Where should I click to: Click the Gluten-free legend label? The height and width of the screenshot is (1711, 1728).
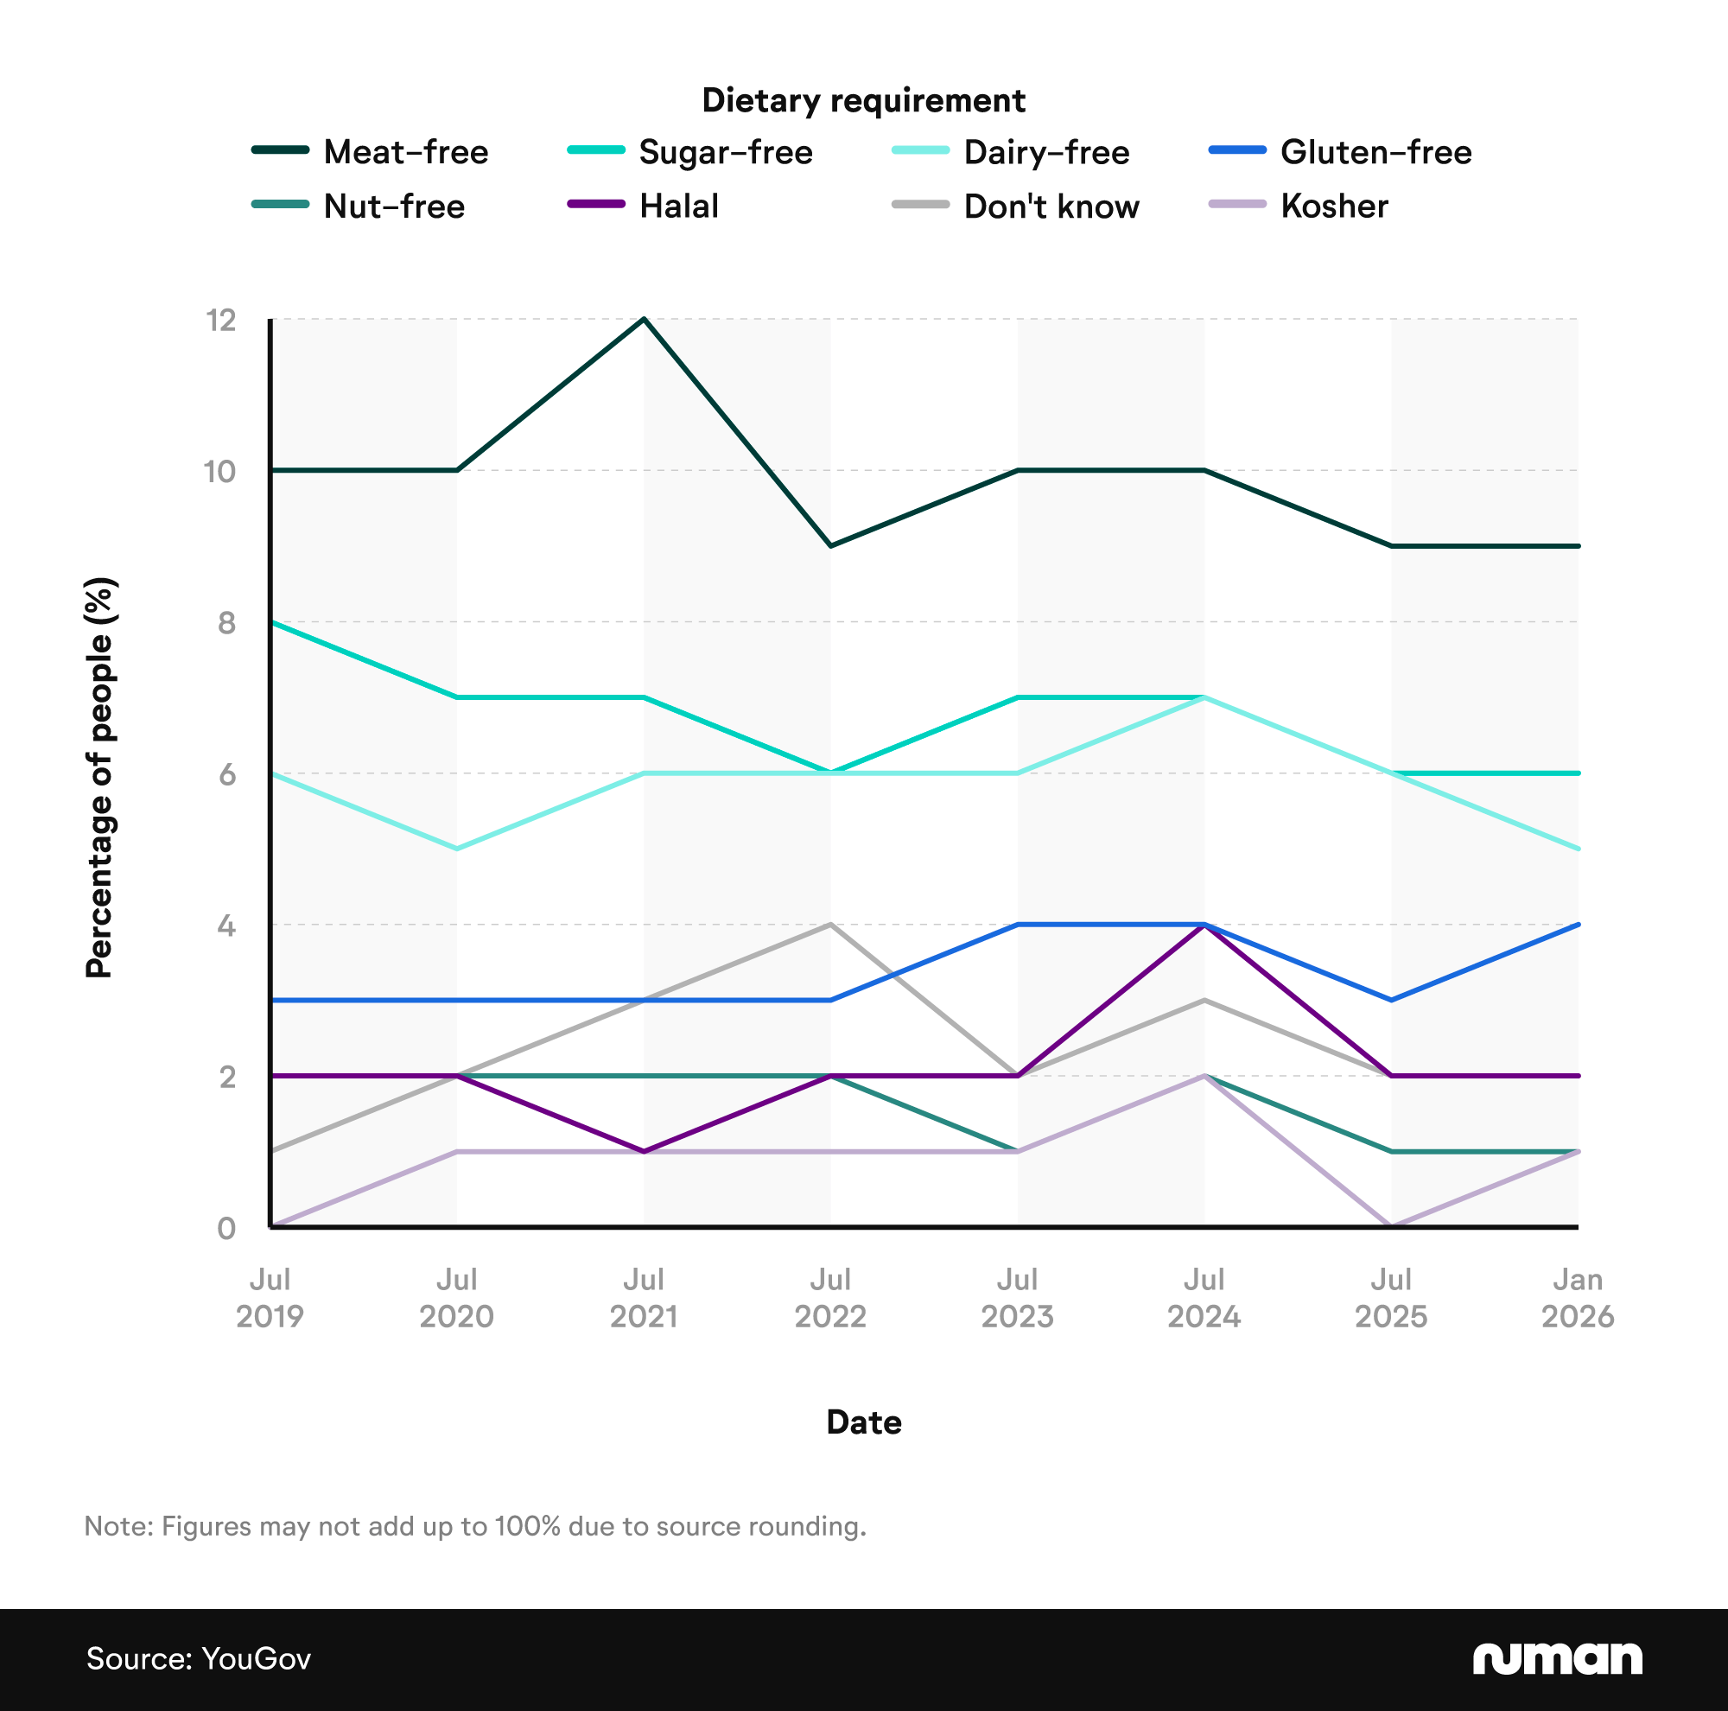tap(1375, 152)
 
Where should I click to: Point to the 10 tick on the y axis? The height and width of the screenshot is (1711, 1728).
tap(221, 471)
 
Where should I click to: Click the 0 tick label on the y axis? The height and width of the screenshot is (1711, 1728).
tap(226, 1228)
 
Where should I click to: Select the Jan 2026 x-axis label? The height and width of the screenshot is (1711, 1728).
tap(1577, 1298)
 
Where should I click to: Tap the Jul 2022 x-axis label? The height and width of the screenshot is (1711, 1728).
tap(830, 1298)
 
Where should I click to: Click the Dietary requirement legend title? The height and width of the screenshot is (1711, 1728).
tap(863, 100)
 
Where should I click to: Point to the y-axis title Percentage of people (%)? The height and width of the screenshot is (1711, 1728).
tap(99, 777)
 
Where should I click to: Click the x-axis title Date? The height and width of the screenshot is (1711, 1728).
tap(863, 1422)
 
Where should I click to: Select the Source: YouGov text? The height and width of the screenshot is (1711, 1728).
tap(199, 1659)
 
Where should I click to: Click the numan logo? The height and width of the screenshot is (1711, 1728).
tap(1557, 1658)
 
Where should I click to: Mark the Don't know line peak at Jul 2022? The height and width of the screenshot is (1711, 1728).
tap(831, 924)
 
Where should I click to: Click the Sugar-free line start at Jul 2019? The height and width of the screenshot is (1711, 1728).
tap(271, 621)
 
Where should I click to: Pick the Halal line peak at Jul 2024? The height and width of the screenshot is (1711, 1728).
tap(1204, 925)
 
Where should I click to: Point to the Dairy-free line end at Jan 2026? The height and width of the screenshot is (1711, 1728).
tap(1578, 849)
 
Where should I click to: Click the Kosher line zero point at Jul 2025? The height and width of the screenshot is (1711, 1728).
tap(1391, 1225)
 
